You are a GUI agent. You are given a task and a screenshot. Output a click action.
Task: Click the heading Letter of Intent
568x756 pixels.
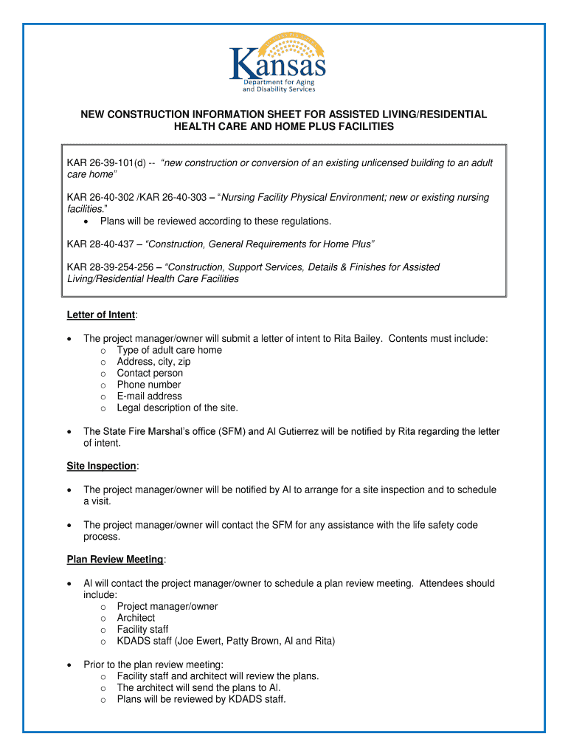(101, 315)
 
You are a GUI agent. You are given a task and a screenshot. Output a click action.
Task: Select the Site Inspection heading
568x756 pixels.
(101, 467)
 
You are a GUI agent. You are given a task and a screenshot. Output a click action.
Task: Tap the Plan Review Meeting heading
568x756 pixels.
(115, 560)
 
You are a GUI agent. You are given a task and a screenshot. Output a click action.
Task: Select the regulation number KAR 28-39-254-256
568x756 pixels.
(110, 267)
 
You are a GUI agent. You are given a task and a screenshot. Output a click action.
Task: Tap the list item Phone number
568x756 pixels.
(148, 385)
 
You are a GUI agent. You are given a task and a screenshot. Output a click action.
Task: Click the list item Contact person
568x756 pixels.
(150, 374)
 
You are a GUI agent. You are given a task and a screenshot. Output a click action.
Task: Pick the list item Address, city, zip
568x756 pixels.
(153, 362)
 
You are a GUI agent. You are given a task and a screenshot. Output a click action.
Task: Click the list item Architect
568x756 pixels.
(136, 618)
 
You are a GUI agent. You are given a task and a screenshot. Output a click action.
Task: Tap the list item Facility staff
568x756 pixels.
(142, 630)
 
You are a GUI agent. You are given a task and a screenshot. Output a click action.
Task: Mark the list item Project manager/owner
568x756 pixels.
(167, 607)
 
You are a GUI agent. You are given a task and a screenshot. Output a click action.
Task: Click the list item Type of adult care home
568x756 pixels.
(169, 351)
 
